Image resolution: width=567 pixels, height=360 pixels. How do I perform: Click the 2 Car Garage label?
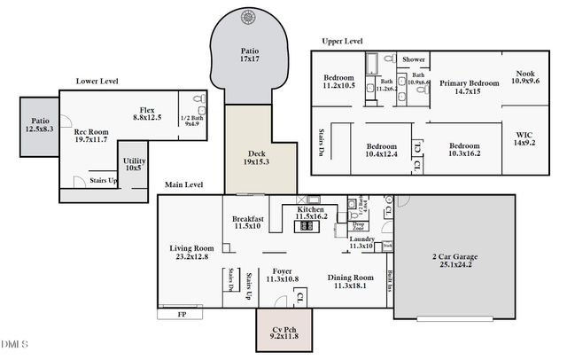[452, 261]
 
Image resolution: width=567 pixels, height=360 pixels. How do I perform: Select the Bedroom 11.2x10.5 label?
[338, 82]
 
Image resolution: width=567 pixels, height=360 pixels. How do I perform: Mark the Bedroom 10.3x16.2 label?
[463, 150]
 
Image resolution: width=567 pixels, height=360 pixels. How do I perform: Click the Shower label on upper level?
[414, 59]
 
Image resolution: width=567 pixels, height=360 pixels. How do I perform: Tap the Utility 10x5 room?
[134, 164]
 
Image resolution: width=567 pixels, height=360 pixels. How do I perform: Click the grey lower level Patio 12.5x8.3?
[40, 125]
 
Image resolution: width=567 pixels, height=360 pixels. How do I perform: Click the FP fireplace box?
[182, 314]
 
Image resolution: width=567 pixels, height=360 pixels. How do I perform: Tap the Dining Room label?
[350, 281]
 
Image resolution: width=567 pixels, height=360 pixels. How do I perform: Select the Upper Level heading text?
[342, 42]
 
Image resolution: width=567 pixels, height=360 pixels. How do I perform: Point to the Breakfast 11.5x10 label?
[249, 223]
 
